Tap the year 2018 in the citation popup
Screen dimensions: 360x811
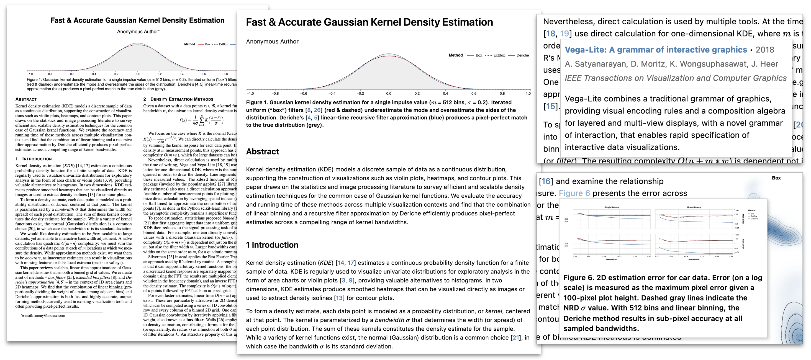click(765, 50)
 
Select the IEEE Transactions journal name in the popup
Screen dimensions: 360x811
click(675, 78)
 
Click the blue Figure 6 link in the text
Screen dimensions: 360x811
click(574, 193)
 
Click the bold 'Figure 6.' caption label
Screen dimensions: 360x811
click(578, 277)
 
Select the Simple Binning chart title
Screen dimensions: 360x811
click(611, 207)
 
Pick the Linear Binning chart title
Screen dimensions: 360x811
click(694, 207)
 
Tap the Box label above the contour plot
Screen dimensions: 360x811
click(776, 178)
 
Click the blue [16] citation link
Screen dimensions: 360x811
click(546, 181)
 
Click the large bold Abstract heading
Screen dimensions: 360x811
click(262, 152)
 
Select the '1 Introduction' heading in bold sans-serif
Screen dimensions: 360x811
click(272, 245)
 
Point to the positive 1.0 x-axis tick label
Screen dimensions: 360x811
click(528, 94)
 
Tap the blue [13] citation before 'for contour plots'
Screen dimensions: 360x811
click(339, 298)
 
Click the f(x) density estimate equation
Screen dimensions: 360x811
click(201, 120)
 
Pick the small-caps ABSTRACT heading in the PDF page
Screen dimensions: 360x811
click(26, 99)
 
